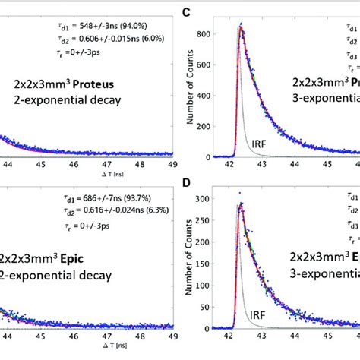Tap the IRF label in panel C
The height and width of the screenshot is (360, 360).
point(260,141)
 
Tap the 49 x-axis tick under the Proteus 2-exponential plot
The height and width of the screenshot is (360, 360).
point(174,163)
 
